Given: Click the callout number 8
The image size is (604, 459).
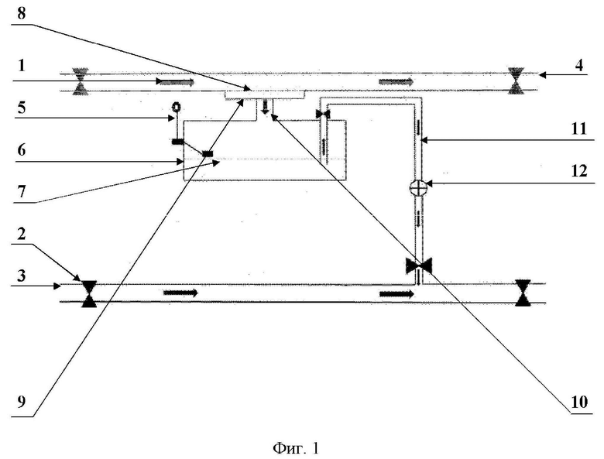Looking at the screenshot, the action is pyautogui.click(x=22, y=13).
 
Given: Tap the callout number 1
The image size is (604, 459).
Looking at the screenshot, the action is pyautogui.click(x=22, y=65).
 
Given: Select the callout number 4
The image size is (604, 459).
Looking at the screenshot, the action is pyautogui.click(x=579, y=65).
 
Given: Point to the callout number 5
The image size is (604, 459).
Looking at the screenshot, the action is pyautogui.click(x=22, y=108).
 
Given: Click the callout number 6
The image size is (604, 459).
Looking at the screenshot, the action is pyautogui.click(x=22, y=149).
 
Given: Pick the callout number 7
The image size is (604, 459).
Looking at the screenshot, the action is pyautogui.click(x=22, y=191).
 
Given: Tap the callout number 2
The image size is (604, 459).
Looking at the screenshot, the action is pyautogui.click(x=22, y=233).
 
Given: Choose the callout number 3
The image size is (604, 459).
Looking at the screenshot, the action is pyautogui.click(x=22, y=276).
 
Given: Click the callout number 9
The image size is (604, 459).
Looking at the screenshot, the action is pyautogui.click(x=22, y=402).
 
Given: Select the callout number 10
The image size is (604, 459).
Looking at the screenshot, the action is pyautogui.click(x=580, y=402).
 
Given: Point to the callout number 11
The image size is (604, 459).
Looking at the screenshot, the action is pyautogui.click(x=578, y=128).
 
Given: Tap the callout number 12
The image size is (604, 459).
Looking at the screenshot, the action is pyautogui.click(x=579, y=170).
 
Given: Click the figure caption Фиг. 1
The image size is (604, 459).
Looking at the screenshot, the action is pyautogui.click(x=296, y=448).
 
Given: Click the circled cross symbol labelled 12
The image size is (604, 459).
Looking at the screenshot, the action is pyautogui.click(x=418, y=188).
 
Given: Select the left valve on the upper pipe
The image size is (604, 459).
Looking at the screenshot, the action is pyautogui.click(x=80, y=81).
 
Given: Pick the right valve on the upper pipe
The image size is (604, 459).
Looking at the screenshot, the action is pyautogui.click(x=516, y=80).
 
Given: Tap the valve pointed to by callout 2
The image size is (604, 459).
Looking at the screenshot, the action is pyautogui.click(x=89, y=294).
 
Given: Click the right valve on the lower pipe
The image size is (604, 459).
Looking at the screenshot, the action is pyautogui.click(x=523, y=293).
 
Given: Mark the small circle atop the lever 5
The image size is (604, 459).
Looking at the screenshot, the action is pyautogui.click(x=177, y=106).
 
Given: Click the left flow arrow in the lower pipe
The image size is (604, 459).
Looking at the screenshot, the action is pyautogui.click(x=180, y=293).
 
